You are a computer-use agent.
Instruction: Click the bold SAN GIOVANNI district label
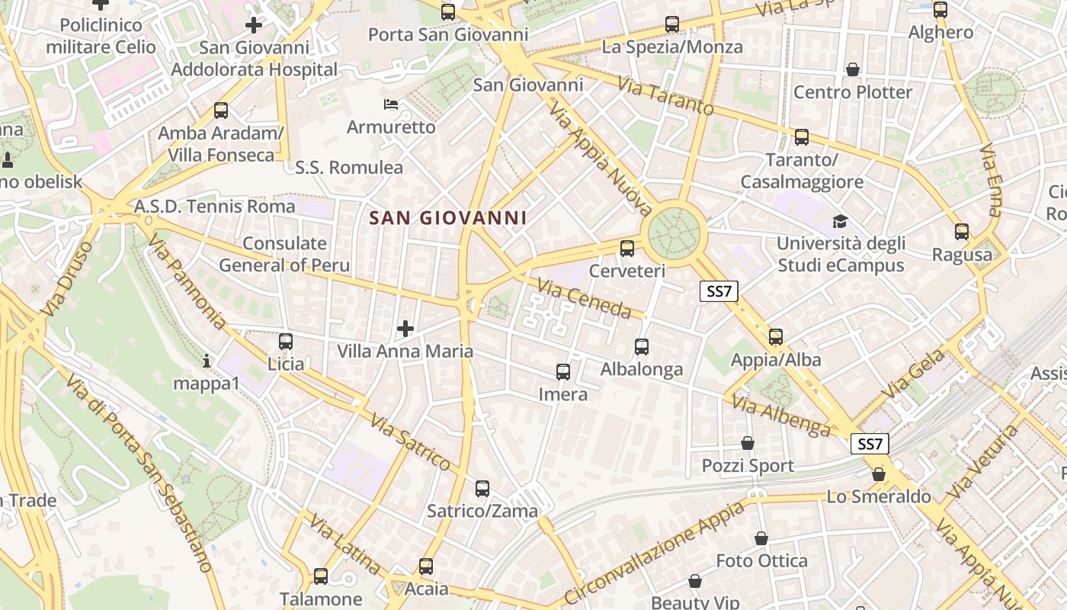click(x=448, y=218)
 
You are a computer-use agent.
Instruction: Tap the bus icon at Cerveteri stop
click(x=627, y=248)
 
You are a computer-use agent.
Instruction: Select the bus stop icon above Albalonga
click(x=642, y=347)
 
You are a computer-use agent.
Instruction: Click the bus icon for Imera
click(x=563, y=372)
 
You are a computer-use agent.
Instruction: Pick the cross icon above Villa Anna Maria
click(x=405, y=329)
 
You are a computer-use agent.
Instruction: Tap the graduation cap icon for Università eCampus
click(x=840, y=221)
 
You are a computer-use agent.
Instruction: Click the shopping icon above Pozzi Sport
click(x=748, y=443)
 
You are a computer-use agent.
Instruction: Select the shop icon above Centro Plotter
click(x=853, y=70)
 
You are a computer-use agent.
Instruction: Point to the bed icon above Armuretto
click(x=391, y=104)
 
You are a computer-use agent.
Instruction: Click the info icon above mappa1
click(x=207, y=360)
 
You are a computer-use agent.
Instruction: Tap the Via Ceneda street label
click(x=585, y=298)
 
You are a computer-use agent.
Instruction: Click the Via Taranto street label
click(x=665, y=96)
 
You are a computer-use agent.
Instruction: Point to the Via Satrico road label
click(x=412, y=442)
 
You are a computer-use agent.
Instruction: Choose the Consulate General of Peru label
click(x=285, y=255)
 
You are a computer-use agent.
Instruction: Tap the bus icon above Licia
click(x=286, y=342)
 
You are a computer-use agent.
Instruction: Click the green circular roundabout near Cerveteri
click(x=674, y=230)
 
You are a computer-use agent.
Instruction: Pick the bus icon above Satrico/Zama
click(x=482, y=489)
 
